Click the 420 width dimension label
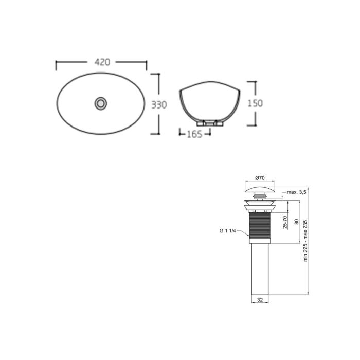[102, 63]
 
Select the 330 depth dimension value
[159, 104]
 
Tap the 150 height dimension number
[255, 103]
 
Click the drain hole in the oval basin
[101, 103]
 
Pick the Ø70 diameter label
[259, 177]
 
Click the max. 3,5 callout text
[297, 192]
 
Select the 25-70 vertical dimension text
[285, 222]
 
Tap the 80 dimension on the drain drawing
[296, 222]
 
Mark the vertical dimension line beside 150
[248, 103]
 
